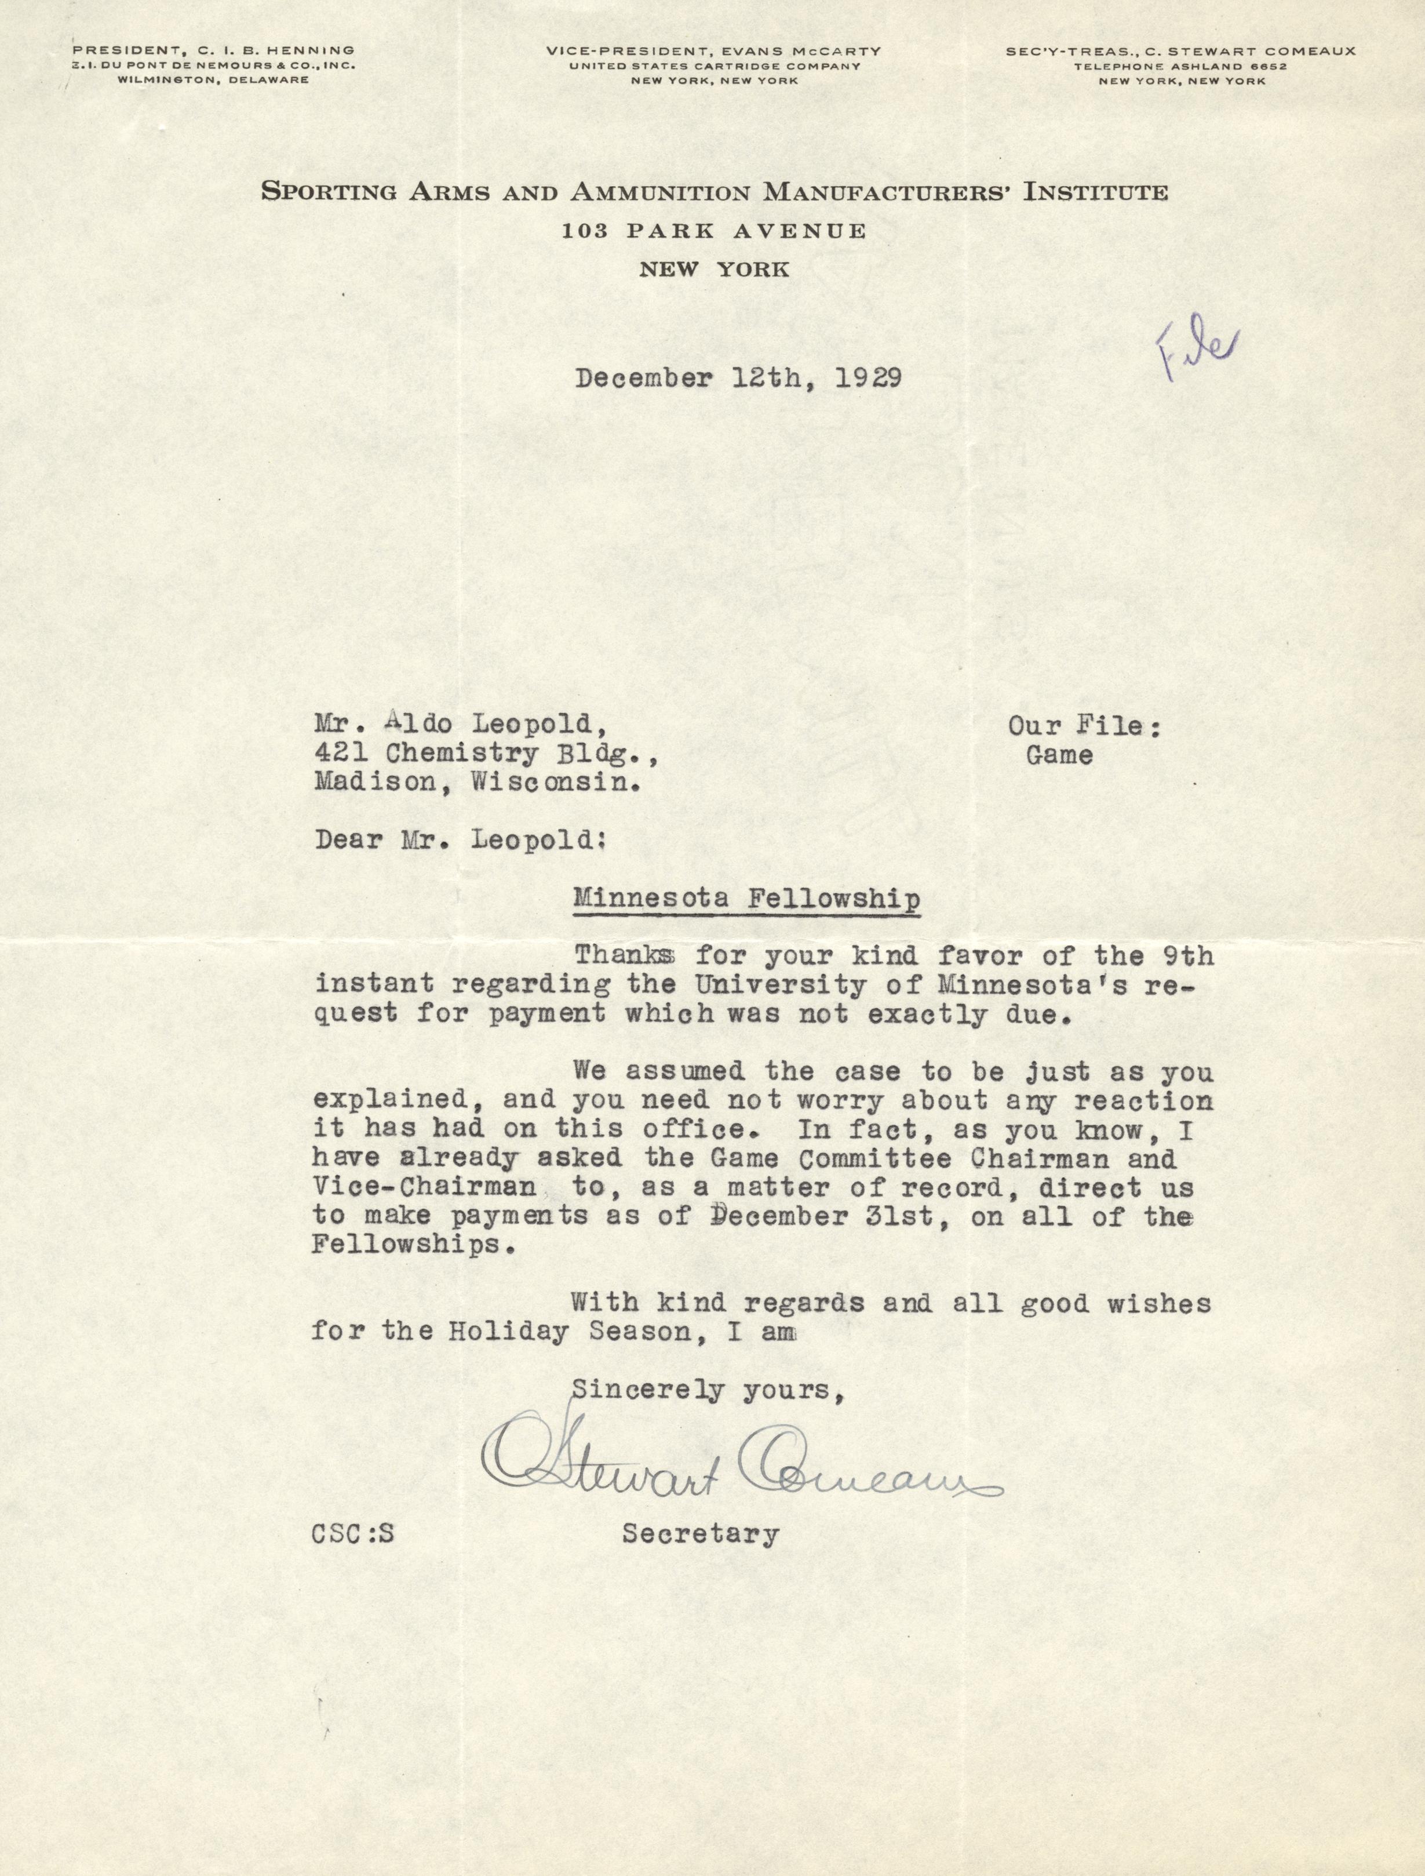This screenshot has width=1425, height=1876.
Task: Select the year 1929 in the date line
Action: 868,377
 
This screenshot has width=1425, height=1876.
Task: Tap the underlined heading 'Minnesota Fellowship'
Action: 746,899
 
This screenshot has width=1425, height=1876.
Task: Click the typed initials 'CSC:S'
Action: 352,1534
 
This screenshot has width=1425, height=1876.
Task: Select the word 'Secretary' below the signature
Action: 700,1534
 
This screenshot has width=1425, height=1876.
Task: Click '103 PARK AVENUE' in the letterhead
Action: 713,231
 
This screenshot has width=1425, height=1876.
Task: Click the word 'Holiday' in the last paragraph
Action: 509,1331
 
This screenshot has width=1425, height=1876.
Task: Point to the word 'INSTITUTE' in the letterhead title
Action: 1096,192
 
